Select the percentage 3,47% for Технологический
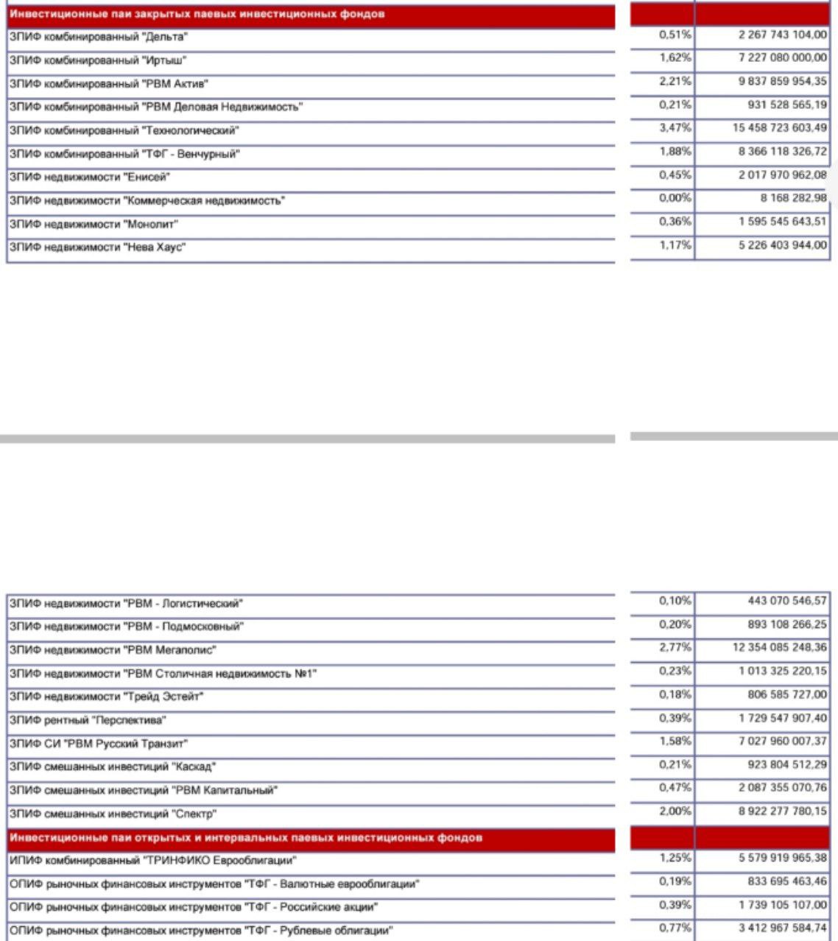(675, 128)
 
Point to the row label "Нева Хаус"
(96, 247)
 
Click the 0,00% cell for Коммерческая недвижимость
(675, 198)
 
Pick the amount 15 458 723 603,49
(779, 128)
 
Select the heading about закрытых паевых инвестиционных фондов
(197, 14)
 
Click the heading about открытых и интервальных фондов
(246, 838)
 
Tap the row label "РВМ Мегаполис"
(112, 650)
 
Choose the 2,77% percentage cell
(675, 648)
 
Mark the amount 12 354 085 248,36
(779, 648)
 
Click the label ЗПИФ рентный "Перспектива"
(87, 720)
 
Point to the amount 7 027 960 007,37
(783, 741)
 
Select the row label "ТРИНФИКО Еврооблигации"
(152, 861)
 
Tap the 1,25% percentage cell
(675, 858)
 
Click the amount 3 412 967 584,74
(783, 928)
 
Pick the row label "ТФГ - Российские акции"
(193, 908)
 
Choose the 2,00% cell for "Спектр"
(675, 811)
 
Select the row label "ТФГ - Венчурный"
(124, 154)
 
